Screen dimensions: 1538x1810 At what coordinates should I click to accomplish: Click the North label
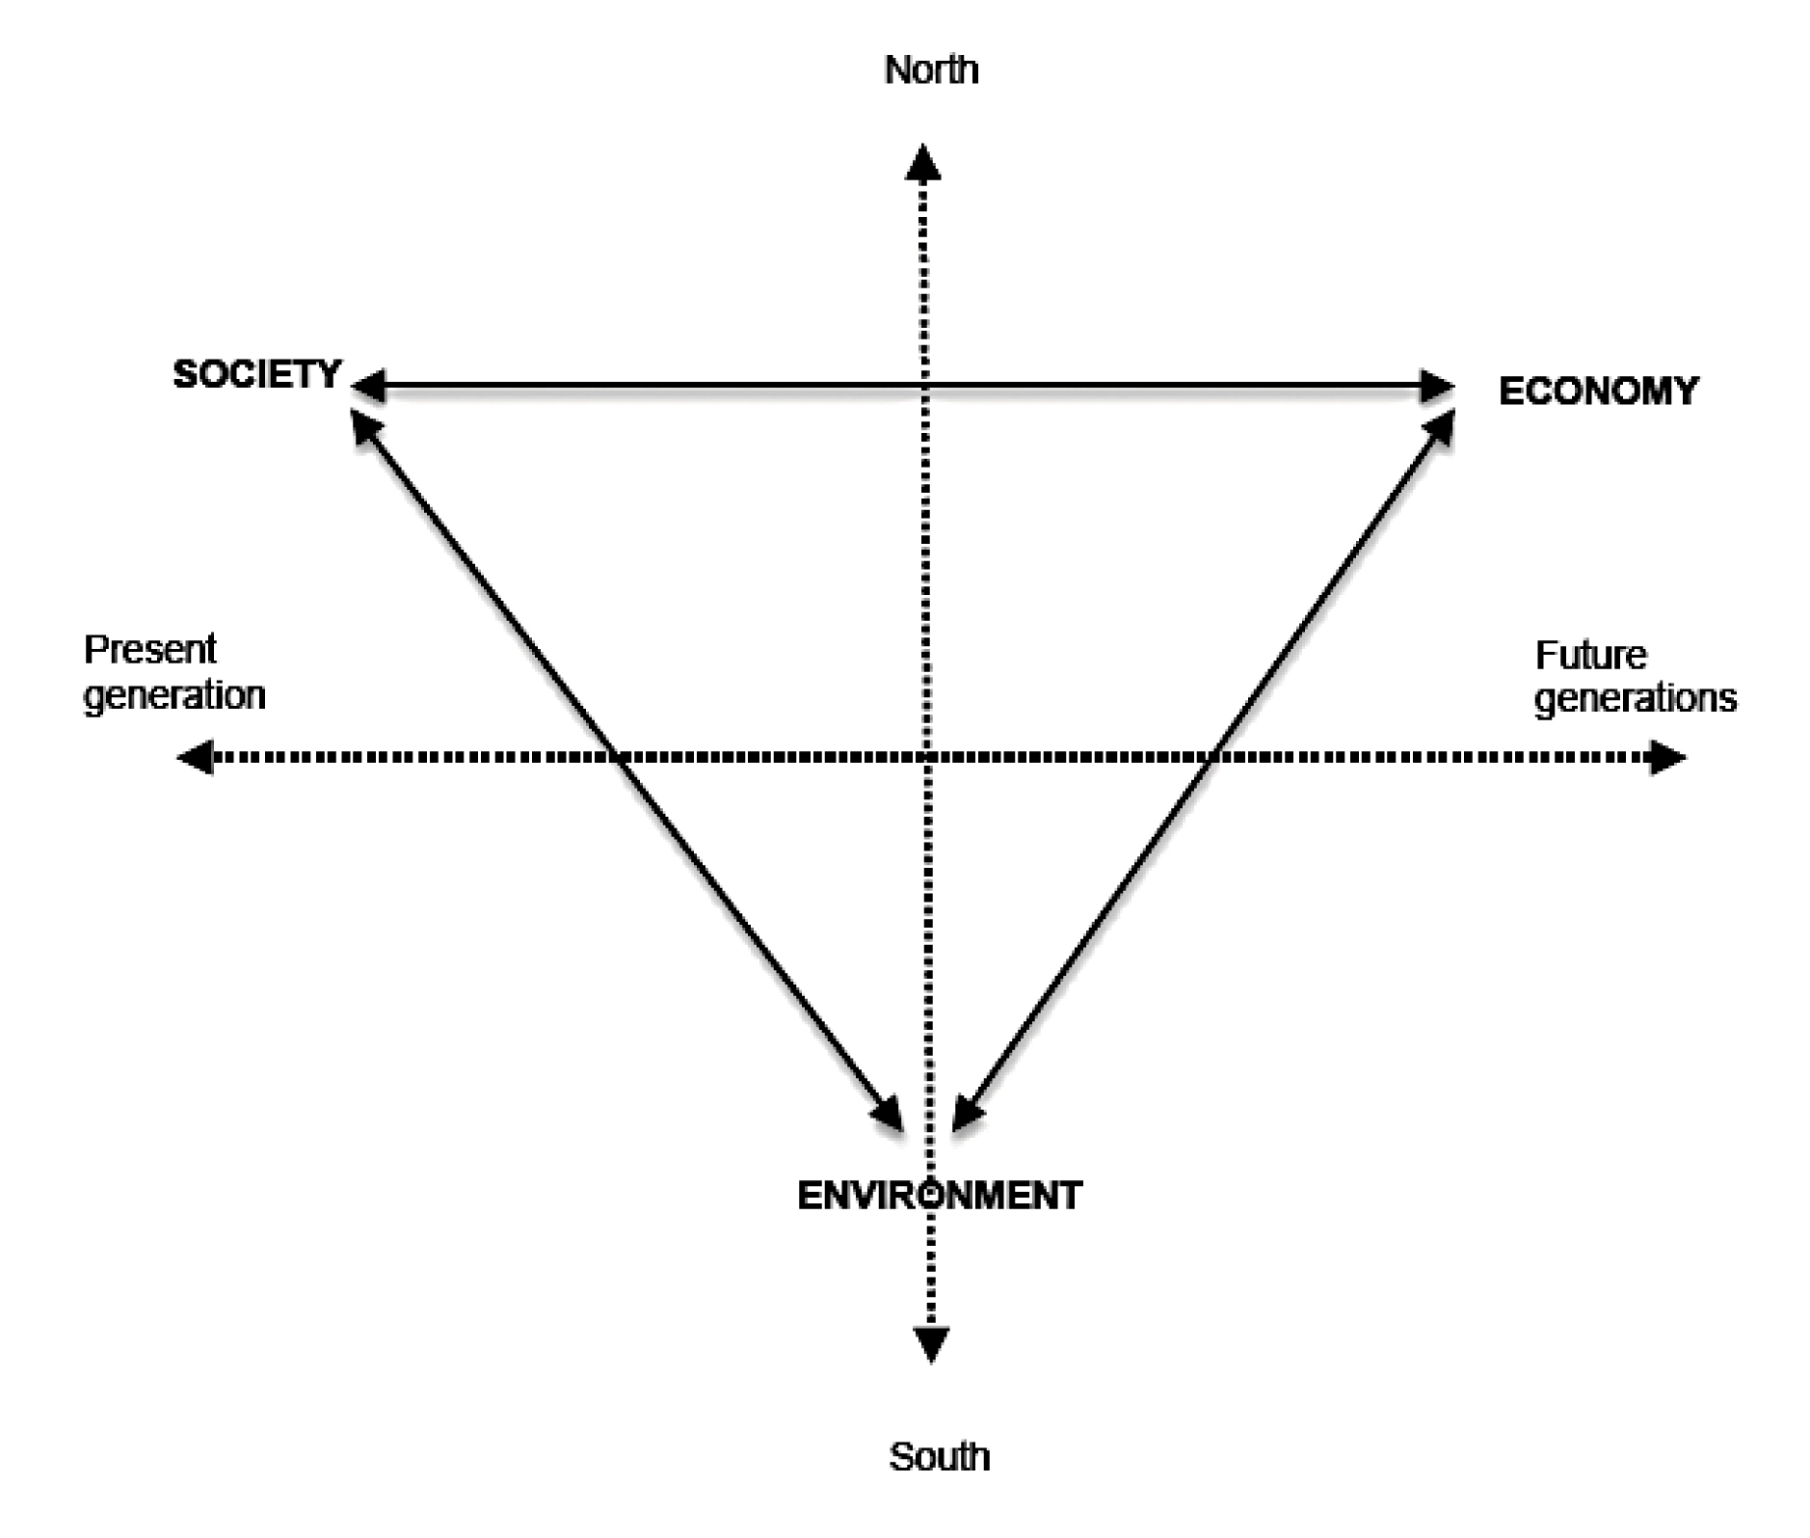[930, 70]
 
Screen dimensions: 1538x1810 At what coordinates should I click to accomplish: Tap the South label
[939, 1456]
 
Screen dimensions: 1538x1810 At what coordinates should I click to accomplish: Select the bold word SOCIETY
[256, 374]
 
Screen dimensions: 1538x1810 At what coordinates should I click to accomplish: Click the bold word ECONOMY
[1598, 391]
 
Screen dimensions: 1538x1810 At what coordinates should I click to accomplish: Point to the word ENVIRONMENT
[940, 1196]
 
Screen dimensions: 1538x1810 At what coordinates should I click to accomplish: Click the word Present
[149, 650]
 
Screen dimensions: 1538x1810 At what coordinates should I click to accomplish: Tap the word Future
[1590, 656]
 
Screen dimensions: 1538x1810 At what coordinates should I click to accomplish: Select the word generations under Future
[1635, 698]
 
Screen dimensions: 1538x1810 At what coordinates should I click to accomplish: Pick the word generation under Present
[174, 695]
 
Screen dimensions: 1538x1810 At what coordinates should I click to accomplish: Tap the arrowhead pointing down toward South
[931, 1343]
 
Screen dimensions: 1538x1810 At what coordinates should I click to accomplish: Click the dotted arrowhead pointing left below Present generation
[196, 757]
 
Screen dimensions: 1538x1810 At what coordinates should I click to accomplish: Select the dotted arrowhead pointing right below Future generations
[1667, 757]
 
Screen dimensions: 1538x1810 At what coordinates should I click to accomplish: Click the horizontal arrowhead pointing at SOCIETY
[367, 387]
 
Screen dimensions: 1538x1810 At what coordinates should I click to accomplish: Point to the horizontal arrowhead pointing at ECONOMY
[1437, 387]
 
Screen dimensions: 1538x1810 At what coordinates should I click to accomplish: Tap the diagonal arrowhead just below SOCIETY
[363, 425]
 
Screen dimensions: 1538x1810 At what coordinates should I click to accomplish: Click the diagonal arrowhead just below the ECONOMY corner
[1441, 427]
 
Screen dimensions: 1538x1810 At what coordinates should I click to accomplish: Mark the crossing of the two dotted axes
[927, 757]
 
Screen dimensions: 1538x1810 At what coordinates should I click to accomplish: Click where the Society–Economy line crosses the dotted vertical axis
[925, 387]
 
